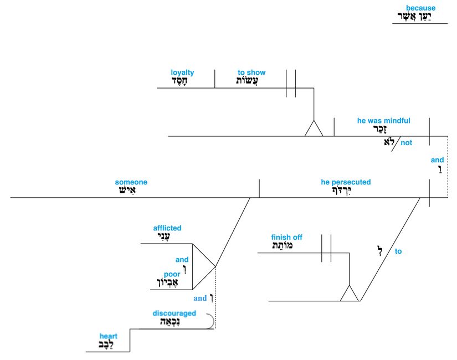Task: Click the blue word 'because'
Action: [x=420, y=8]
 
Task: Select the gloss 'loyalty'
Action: [x=182, y=73]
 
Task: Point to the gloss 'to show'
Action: [x=251, y=73]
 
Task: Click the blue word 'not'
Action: [x=407, y=143]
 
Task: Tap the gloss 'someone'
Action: [x=131, y=182]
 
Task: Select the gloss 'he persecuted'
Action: [x=346, y=182]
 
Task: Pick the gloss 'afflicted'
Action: [x=167, y=228]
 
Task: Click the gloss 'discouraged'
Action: [x=174, y=313]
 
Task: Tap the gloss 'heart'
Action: [x=109, y=336]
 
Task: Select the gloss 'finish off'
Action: [x=287, y=238]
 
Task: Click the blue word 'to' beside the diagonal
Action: [x=398, y=251]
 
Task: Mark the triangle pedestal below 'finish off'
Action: [x=350, y=294]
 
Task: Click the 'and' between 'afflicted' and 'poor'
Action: [x=182, y=259]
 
